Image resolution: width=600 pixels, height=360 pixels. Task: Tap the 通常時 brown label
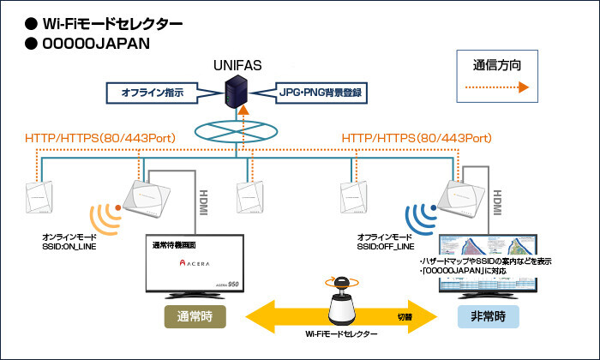click(x=195, y=316)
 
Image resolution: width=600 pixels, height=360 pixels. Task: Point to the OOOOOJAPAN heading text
click(x=90, y=43)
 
